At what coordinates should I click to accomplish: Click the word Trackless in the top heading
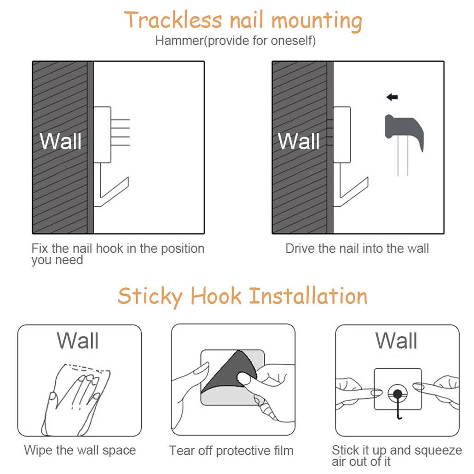pos(173,20)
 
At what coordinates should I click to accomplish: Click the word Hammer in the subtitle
pos(179,40)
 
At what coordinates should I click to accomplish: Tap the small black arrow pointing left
pos(392,97)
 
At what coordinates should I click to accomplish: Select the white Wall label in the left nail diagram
pos(60,141)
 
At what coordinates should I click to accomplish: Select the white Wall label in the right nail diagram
pos(299,141)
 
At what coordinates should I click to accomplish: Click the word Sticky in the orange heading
pos(150,296)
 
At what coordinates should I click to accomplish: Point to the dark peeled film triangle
pos(229,370)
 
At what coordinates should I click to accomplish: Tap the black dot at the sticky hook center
pos(398,394)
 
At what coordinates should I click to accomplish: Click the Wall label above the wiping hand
pos(78,341)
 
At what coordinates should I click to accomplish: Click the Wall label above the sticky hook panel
pos(396,341)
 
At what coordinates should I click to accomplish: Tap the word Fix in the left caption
pos(40,249)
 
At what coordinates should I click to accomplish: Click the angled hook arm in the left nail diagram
pos(114,191)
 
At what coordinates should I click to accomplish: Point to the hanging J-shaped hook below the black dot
pos(399,409)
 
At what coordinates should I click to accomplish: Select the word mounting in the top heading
pos(317,21)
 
